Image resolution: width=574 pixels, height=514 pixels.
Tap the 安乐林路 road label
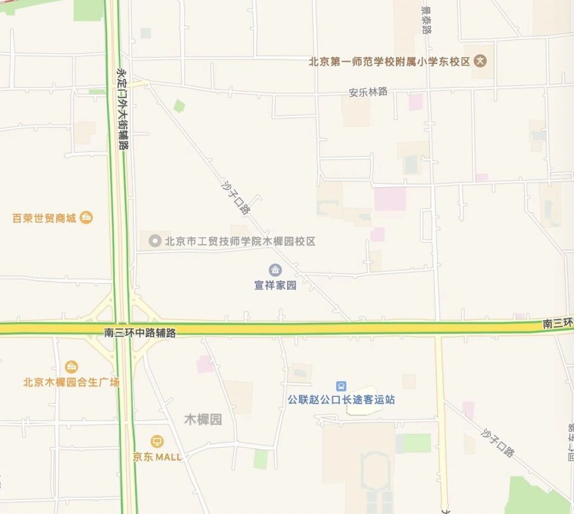pyautogui.click(x=368, y=92)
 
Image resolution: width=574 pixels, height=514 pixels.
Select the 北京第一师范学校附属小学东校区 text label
pyautogui.click(x=389, y=61)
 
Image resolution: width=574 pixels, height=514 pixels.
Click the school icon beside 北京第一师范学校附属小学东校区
pyautogui.click(x=480, y=61)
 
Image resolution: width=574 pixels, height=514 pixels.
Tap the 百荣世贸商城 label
pyautogui.click(x=44, y=218)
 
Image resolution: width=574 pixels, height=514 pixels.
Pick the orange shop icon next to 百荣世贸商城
pyautogui.click(x=86, y=218)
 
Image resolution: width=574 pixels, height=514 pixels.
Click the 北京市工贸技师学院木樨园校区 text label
pyautogui.click(x=240, y=241)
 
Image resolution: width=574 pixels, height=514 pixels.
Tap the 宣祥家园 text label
pyautogui.click(x=275, y=285)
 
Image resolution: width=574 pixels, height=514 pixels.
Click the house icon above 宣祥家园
pyautogui.click(x=275, y=270)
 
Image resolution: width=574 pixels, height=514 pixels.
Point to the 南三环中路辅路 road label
pyautogui.click(x=140, y=333)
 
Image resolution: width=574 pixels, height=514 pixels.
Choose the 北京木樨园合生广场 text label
pyautogui.click(x=71, y=382)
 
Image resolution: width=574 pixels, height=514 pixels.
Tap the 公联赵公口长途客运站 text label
pyautogui.click(x=341, y=399)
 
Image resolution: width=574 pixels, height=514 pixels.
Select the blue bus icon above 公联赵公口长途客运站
pyautogui.click(x=341, y=385)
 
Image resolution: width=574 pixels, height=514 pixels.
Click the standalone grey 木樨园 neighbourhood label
pyautogui.click(x=203, y=420)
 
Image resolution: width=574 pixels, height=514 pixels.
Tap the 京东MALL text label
pyautogui.click(x=157, y=457)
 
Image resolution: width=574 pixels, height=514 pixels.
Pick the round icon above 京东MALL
pyautogui.click(x=157, y=442)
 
